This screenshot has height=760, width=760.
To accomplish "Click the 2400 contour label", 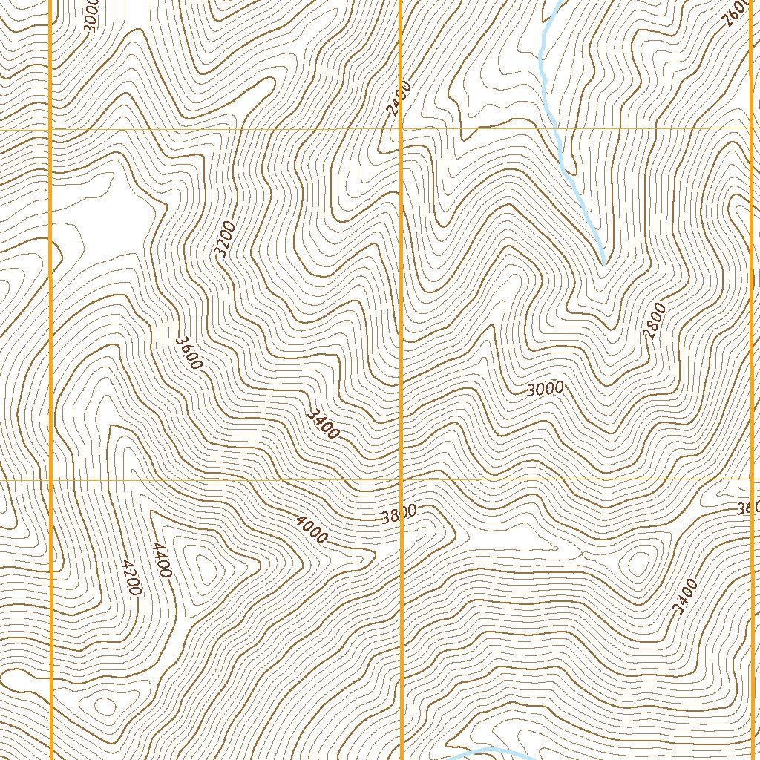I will click(x=395, y=102).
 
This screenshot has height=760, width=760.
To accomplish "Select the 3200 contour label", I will click(x=224, y=239).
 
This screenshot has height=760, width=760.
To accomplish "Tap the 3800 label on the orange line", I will click(x=399, y=514).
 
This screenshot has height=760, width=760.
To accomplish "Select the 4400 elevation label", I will click(x=162, y=560).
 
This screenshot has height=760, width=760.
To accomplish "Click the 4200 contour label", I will click(x=131, y=577).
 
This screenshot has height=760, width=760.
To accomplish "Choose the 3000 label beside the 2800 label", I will click(x=546, y=389).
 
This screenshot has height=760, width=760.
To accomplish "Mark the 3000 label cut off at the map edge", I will click(x=91, y=15).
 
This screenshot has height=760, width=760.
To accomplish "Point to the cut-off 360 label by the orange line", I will click(x=747, y=508).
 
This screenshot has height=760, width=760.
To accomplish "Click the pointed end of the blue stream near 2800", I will click(x=603, y=263).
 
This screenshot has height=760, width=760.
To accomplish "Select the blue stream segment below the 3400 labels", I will click(x=490, y=753).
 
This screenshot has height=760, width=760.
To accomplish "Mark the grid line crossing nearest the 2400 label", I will click(x=401, y=129).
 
